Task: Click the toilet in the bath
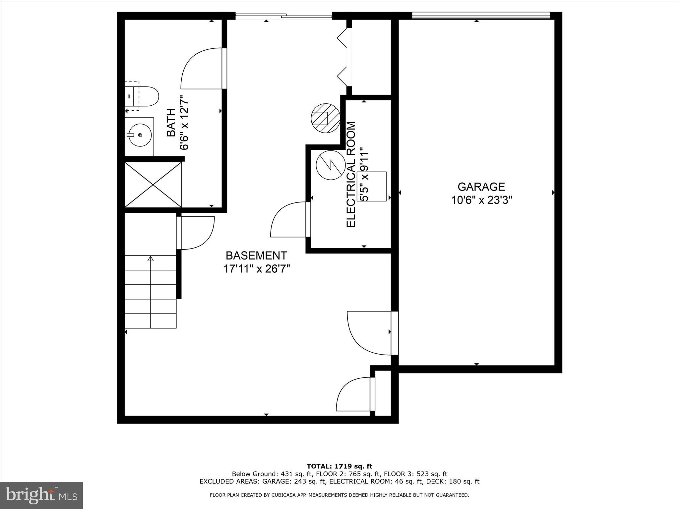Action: point(144,96)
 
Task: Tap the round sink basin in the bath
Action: point(140,135)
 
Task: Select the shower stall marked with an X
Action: point(153,185)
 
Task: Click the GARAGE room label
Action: point(481,187)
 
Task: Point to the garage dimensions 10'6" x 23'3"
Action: point(482,200)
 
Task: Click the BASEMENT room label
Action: point(256,255)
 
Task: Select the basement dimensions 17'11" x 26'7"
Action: point(257,269)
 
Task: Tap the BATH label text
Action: point(171,123)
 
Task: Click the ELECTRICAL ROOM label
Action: point(351,174)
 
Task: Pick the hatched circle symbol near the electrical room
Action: point(325,118)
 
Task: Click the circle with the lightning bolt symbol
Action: point(330,165)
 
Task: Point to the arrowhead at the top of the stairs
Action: point(151,258)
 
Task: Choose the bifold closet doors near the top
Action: point(343,58)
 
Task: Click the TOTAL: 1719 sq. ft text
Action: point(339,467)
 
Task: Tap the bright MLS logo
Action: point(41,495)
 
